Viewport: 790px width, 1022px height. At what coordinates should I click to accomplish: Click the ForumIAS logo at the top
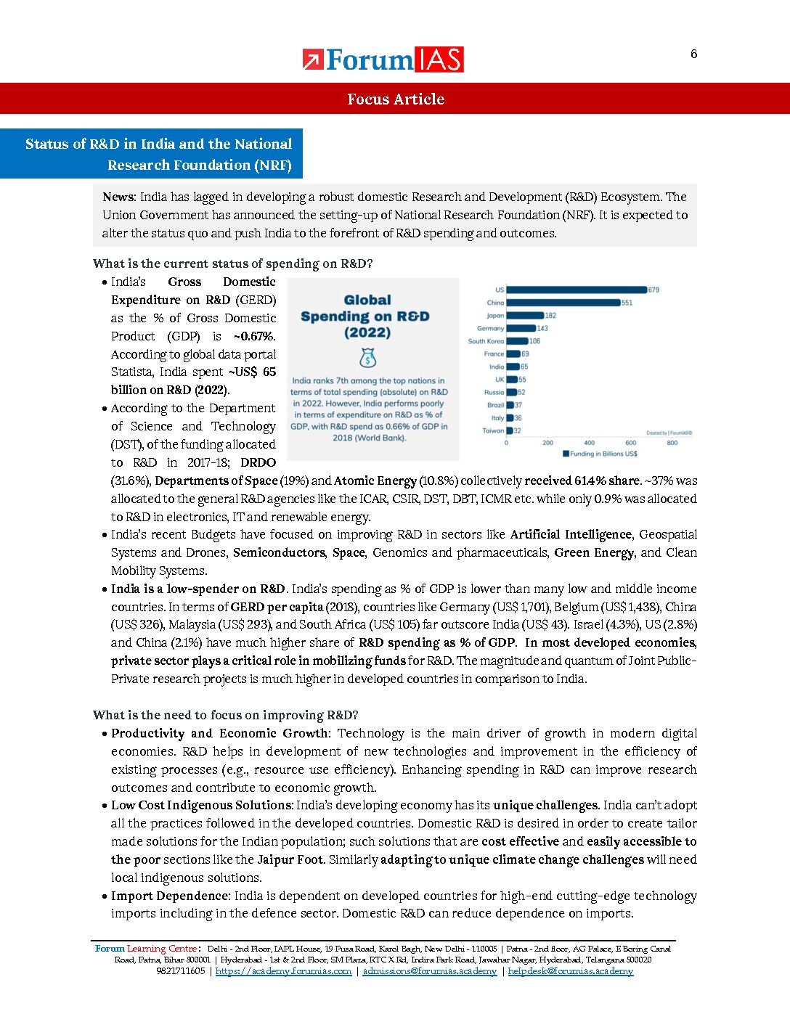click(x=383, y=60)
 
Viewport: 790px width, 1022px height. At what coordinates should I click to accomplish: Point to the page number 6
click(x=693, y=54)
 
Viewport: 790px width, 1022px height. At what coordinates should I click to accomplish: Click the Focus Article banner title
click(x=395, y=99)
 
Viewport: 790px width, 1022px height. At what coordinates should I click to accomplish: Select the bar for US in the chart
click(x=577, y=290)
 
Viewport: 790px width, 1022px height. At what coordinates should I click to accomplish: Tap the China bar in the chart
click(x=563, y=303)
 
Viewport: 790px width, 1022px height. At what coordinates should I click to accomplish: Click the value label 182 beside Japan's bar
click(x=551, y=316)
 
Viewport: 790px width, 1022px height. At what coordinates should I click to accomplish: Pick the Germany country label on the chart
click(x=491, y=328)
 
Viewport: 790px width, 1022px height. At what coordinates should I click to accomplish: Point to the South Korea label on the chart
click(x=486, y=341)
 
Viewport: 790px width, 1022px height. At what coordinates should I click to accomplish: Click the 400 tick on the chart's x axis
click(x=589, y=442)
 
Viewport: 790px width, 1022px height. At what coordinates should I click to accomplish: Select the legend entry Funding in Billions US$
click(x=600, y=454)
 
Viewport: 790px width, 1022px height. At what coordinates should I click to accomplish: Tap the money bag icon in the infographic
click(x=367, y=358)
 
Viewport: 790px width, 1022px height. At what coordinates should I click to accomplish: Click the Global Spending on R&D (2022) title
click(x=367, y=316)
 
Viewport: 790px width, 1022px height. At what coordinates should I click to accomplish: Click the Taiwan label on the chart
click(x=493, y=430)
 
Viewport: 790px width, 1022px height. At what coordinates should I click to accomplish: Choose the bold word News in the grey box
click(x=118, y=197)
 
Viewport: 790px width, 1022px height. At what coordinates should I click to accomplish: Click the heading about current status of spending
click(x=232, y=263)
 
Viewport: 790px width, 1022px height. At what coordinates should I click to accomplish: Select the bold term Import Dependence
click(x=169, y=896)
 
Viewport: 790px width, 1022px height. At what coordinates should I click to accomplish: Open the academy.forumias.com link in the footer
click(x=283, y=971)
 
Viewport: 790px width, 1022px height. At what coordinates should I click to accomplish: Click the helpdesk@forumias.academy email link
click(x=570, y=971)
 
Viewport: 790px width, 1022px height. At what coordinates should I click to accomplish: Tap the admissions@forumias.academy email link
click(x=429, y=971)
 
